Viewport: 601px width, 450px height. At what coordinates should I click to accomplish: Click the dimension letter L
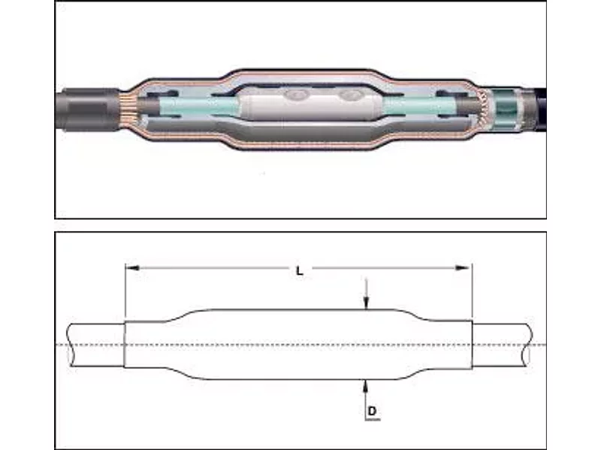pos(300,271)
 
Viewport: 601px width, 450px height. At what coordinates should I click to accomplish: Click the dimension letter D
pos(372,411)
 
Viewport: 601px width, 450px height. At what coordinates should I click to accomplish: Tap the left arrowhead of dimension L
pos(133,268)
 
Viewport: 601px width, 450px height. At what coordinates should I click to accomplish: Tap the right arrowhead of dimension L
pos(462,268)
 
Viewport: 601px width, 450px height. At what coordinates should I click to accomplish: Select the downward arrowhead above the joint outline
pos(367,303)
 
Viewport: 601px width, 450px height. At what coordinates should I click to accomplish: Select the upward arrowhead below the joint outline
pos(365,386)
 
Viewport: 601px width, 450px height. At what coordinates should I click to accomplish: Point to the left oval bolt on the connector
pos(296,94)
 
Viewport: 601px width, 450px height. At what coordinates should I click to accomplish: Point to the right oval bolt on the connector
pos(352,94)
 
